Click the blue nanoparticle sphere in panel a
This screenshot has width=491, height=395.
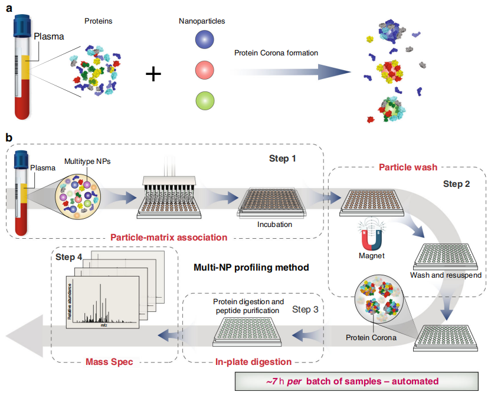tap(204, 39)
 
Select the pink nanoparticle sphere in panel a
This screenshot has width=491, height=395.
tap(204, 70)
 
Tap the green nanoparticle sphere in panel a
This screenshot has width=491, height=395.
tap(205, 101)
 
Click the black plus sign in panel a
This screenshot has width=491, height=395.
tap(153, 74)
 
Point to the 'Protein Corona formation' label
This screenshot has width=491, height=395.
tap(276, 53)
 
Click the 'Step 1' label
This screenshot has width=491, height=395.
tap(283, 159)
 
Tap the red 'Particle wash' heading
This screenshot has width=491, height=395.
tap(408, 167)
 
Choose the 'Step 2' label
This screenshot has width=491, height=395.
tap(457, 184)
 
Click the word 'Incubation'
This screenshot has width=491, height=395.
tap(274, 224)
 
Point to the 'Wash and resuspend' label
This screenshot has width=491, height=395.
tap(446, 275)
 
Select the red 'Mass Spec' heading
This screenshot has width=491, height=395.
tap(109, 362)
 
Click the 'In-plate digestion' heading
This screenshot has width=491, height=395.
tap(253, 362)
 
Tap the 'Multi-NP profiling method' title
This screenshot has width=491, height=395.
tap(251, 268)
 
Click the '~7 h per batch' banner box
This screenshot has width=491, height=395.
tap(356, 381)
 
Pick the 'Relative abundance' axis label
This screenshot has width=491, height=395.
tap(70, 301)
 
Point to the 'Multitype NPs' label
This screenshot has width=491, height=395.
tap(87, 162)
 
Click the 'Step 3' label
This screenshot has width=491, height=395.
tap(305, 310)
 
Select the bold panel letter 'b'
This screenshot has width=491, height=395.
tap(9, 137)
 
